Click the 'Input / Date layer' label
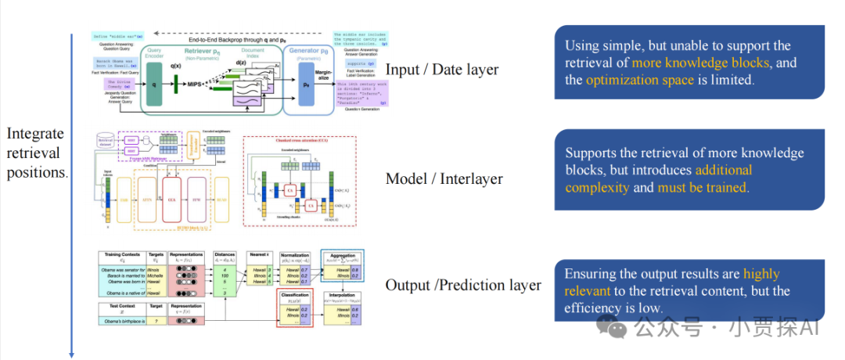click(x=442, y=70)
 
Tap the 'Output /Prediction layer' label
click(x=463, y=285)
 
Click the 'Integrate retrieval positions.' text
click(x=36, y=153)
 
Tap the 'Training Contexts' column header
click(x=123, y=257)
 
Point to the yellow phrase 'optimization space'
click(x=639, y=79)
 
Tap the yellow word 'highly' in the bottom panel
click(x=760, y=274)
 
